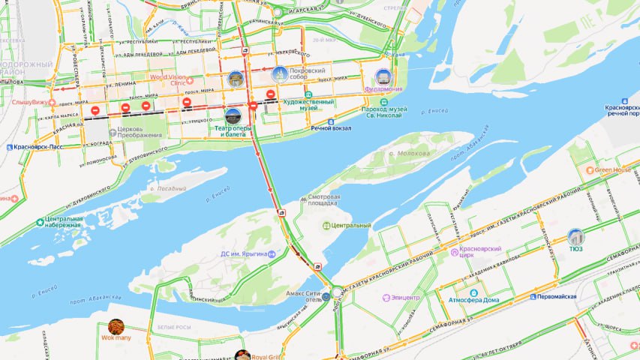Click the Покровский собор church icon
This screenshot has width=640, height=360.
280,74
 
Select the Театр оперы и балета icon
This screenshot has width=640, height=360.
233,116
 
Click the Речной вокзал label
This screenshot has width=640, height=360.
332,128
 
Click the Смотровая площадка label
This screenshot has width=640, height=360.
325,201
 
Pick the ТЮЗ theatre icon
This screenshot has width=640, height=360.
575,237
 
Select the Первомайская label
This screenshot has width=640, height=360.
557,296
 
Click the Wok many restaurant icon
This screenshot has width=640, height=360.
116,326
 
